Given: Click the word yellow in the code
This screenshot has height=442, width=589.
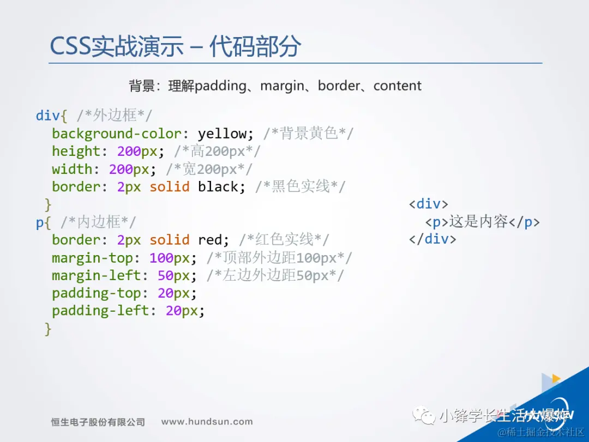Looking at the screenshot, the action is [x=223, y=134].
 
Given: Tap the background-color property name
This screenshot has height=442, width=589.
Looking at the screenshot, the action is [x=117, y=134].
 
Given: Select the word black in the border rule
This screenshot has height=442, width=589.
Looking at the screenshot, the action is [x=218, y=186].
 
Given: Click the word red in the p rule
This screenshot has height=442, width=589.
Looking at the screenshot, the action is [x=210, y=240].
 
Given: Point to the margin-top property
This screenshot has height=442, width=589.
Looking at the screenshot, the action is [x=92, y=258].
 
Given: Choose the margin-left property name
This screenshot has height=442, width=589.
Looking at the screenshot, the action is [x=97, y=276].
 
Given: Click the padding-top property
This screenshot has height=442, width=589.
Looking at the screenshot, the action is [x=97, y=293].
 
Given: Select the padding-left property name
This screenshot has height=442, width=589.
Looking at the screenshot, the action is [x=101, y=311].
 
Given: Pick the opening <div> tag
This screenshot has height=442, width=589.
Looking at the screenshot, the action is [x=429, y=204].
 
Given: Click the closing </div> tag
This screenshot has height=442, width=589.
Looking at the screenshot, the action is [x=432, y=239].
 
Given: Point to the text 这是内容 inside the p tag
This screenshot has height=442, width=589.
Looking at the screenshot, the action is [x=479, y=222].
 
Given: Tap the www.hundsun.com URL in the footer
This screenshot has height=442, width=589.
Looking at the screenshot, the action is [x=207, y=422].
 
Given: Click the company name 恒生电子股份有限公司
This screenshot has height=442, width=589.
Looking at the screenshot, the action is [x=98, y=422].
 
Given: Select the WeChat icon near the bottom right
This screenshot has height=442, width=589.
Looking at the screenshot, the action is [x=424, y=415].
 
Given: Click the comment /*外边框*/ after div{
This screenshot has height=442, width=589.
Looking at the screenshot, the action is [x=114, y=116].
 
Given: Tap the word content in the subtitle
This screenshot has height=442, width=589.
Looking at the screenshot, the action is [x=398, y=86].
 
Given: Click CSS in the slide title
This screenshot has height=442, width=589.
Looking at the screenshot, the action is [x=70, y=47].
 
